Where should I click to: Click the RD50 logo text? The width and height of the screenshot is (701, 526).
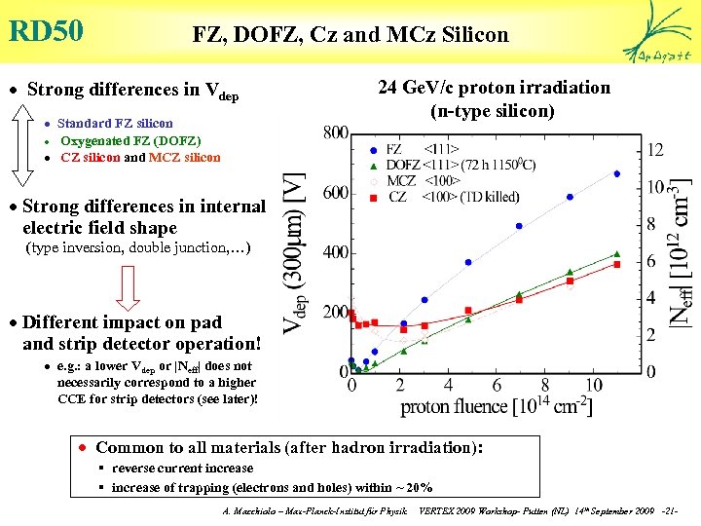46,30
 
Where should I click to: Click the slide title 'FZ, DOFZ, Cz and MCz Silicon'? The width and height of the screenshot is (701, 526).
350,35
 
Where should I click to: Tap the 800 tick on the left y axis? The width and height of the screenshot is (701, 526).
336,131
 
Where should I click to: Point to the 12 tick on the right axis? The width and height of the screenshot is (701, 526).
655,149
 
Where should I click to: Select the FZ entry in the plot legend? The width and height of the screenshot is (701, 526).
394,149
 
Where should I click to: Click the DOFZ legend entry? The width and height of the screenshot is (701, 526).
402,165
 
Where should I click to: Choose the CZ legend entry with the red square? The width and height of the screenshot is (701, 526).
397,198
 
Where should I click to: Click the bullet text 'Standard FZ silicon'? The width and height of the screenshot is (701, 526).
115,124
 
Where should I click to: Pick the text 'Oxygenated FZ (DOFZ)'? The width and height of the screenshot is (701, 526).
130,140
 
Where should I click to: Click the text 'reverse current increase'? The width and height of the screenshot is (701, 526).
182,469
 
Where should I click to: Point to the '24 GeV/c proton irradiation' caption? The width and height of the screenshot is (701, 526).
494,88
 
